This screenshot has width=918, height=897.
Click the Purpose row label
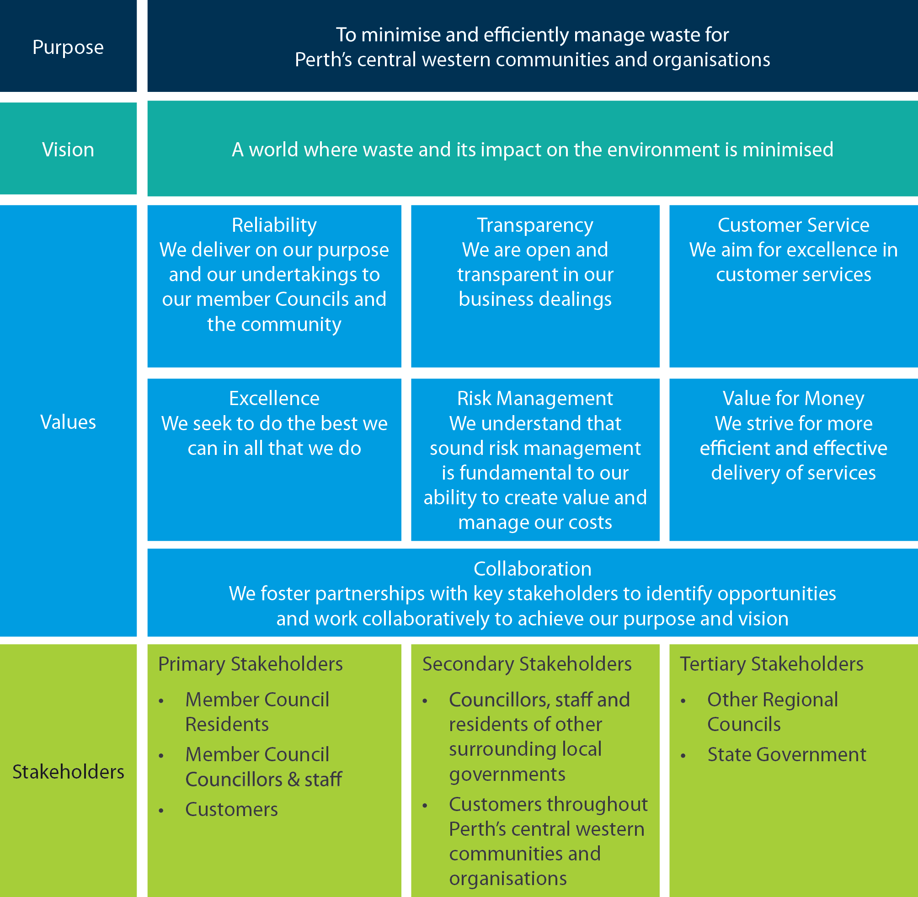[68, 48]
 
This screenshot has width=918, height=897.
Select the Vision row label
[68, 150]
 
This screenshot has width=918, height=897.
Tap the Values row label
[68, 422]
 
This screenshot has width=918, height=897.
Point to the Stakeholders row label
[68, 772]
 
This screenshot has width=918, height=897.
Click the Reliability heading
[274, 225]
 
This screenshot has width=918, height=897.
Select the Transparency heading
[535, 225]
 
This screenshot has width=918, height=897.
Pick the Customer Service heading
[793, 225]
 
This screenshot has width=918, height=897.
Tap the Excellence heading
[274, 399]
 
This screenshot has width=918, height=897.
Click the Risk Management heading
[535, 399]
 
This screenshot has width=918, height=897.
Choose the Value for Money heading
[793, 399]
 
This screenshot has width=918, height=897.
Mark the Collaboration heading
[532, 569]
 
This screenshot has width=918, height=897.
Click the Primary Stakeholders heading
[250, 664]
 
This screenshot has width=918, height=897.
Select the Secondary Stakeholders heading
[527, 664]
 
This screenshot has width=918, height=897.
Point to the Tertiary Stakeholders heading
[772, 664]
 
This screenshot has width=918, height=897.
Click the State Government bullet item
[787, 755]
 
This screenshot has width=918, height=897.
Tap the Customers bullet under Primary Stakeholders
[231, 810]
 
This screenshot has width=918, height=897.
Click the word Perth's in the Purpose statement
[323, 60]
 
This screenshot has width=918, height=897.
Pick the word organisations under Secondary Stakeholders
[508, 879]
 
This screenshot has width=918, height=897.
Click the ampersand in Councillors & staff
[294, 780]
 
